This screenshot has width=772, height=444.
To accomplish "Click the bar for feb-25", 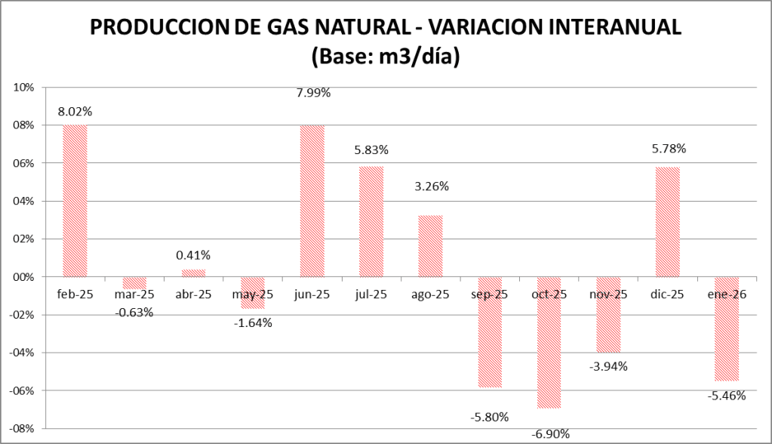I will point(75,201).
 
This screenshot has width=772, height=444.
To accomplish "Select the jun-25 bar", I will point(312,201).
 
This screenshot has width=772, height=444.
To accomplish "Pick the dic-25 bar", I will point(667,222).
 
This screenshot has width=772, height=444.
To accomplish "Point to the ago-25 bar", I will point(430,246).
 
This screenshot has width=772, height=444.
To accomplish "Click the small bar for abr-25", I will point(194,273).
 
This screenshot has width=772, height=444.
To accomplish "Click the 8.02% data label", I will point(75,111).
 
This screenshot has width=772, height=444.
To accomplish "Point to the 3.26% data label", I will point(431,186).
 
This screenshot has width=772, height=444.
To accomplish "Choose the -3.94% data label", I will point(608,367).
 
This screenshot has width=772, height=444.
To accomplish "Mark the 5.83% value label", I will point(371,151).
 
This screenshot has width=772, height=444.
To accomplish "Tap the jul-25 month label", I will point(371,294).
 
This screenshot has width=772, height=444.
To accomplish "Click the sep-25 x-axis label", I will point(490,294).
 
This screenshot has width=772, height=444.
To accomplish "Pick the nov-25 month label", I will point(608,294).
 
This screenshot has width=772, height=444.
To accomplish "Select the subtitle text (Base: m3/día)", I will point(386,56).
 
